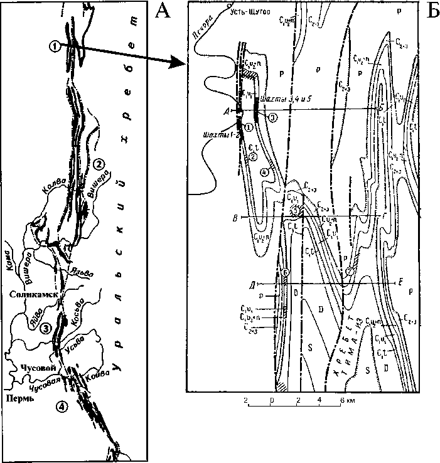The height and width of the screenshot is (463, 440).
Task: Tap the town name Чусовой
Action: (31, 367)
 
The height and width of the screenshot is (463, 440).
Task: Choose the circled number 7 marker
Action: (349, 270)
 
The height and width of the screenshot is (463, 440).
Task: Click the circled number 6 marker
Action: (286, 272)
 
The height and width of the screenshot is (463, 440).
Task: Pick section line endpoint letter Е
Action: (400, 284)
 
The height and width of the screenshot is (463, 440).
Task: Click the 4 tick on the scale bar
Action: (321, 399)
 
